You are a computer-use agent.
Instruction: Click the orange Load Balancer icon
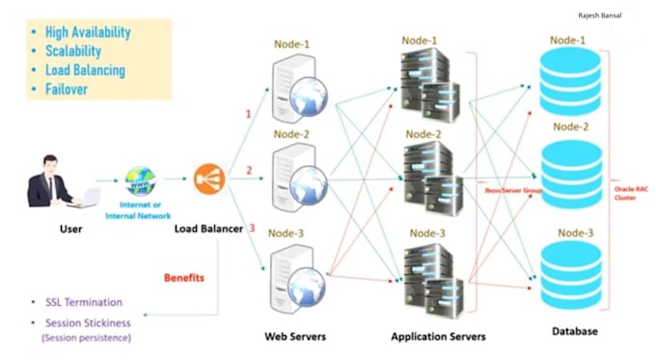tap(207, 179)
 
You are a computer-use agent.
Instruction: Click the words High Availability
tap(88, 32)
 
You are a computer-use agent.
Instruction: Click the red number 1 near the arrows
tap(248, 114)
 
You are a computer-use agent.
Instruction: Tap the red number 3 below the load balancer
tap(252, 228)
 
